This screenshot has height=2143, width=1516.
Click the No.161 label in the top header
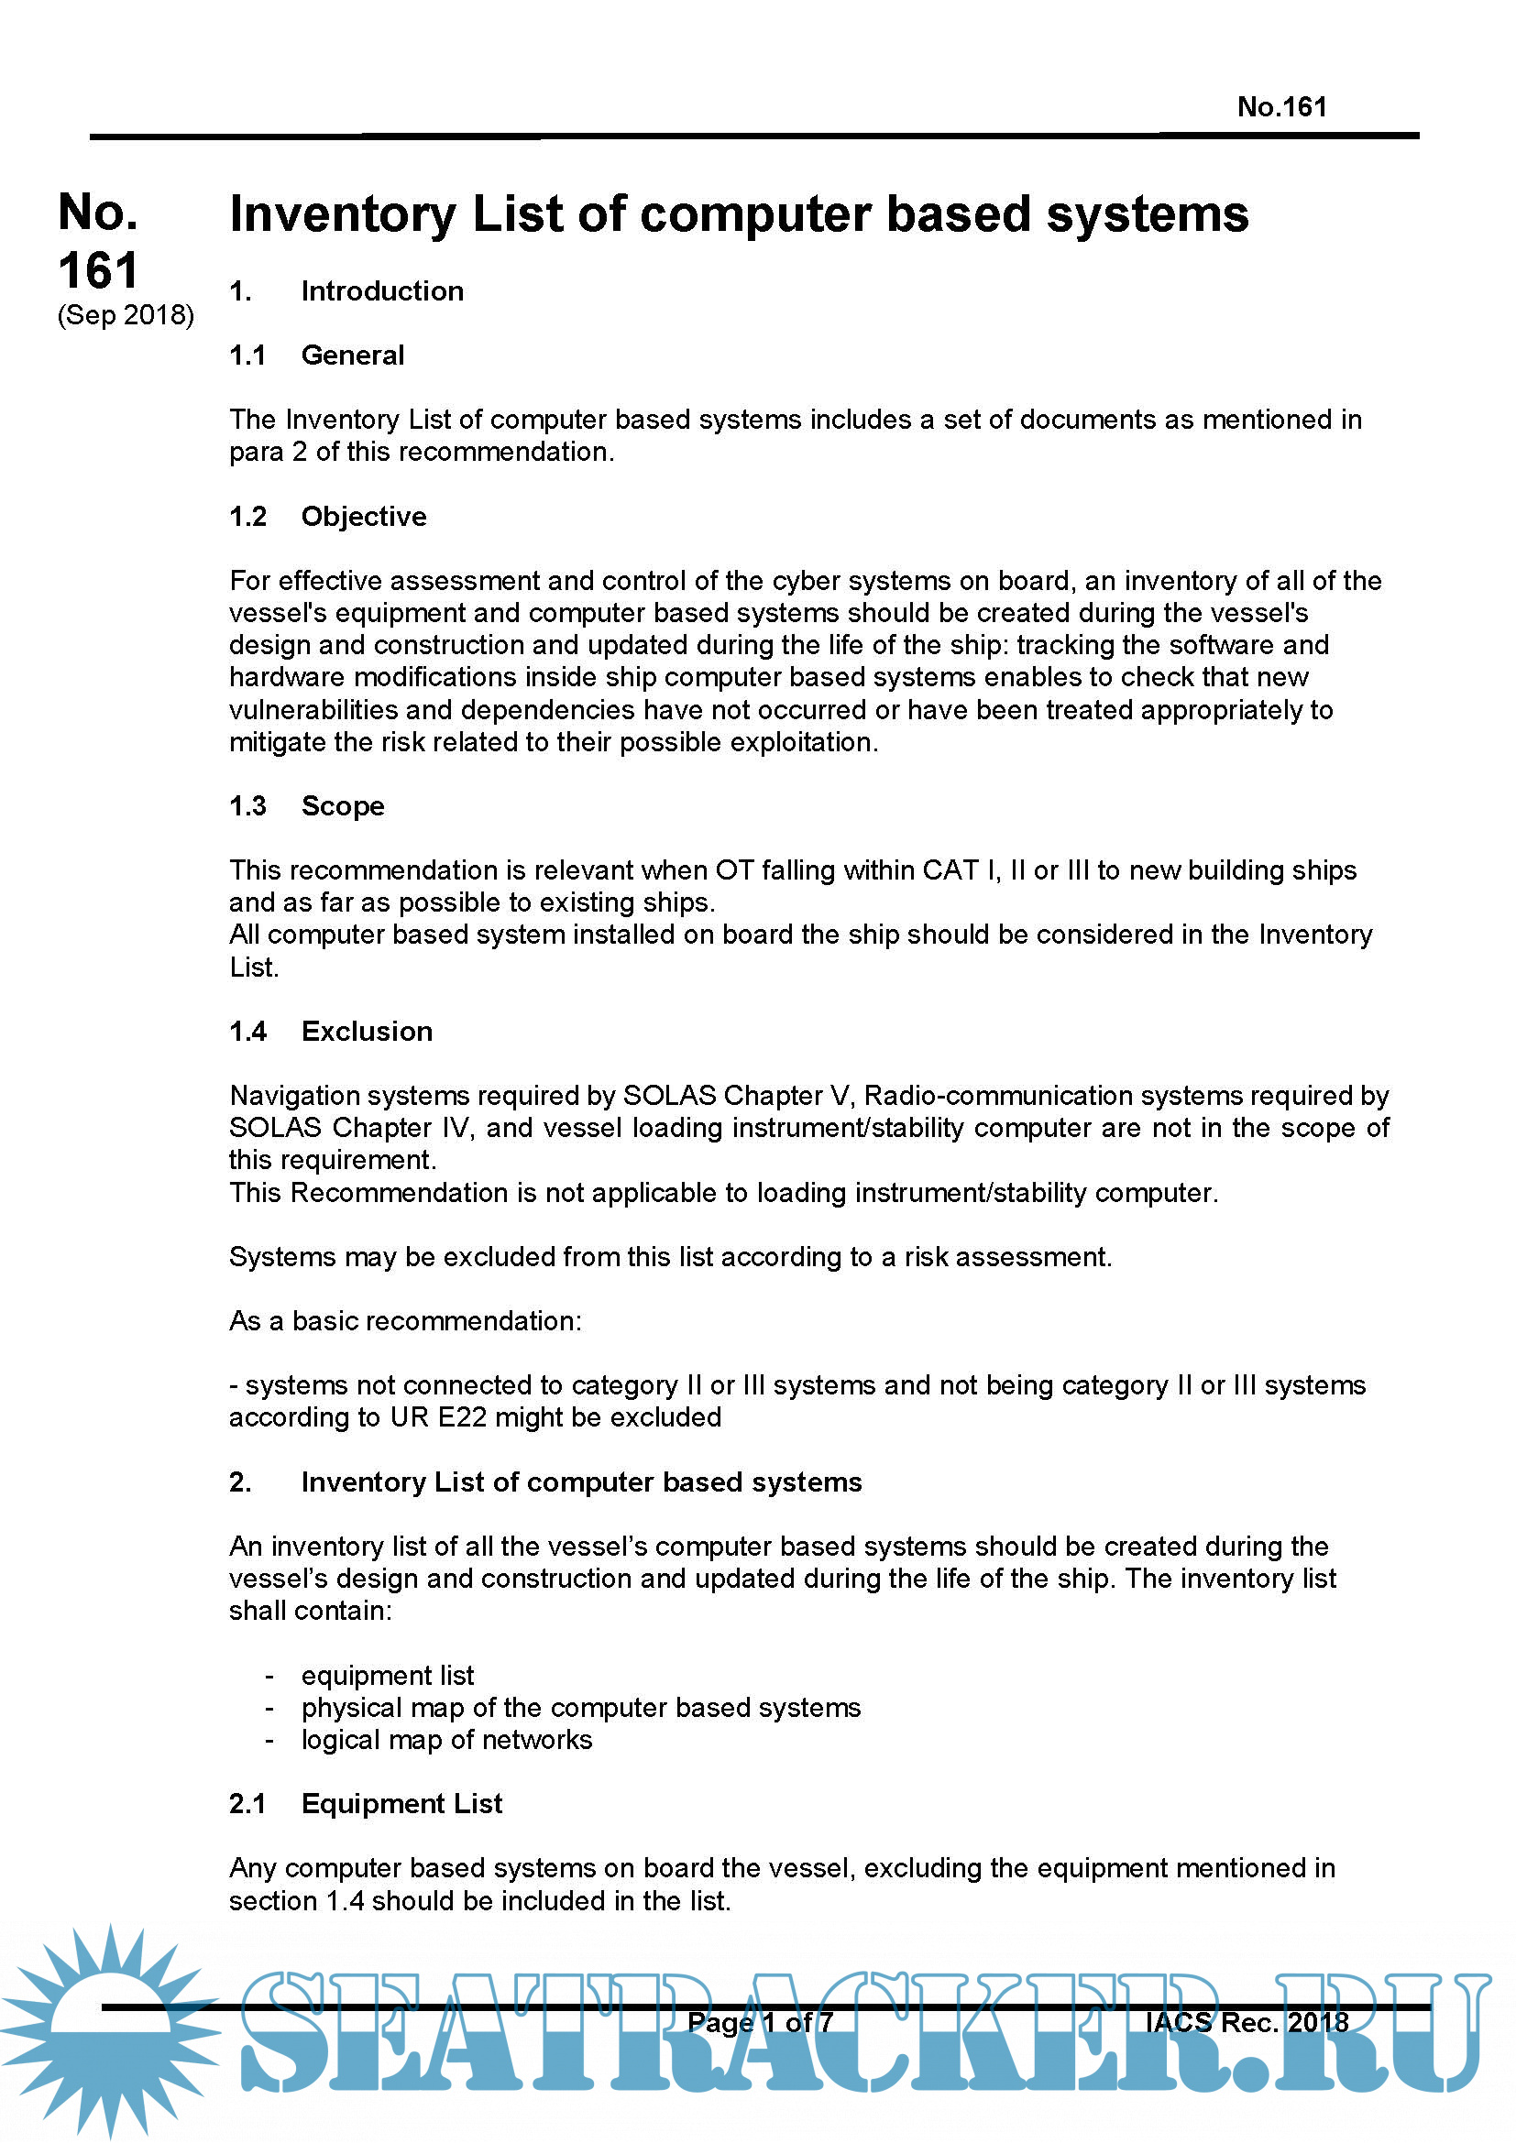(1280, 107)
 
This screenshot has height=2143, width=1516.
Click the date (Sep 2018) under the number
(126, 315)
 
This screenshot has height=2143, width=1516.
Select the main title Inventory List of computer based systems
(739, 214)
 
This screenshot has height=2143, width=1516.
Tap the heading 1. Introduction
(346, 291)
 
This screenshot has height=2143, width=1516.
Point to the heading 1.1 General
(316, 355)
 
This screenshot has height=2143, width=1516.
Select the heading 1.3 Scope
(306, 805)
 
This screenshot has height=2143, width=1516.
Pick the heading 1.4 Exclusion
(331, 1032)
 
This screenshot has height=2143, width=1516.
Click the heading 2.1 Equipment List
(365, 1803)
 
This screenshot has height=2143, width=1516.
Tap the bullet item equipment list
(388, 1676)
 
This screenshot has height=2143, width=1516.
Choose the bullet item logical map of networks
(446, 1740)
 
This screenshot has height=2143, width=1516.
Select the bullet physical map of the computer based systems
(580, 1707)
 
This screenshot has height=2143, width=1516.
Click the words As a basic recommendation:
(405, 1321)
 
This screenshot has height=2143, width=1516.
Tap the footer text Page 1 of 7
(760, 2023)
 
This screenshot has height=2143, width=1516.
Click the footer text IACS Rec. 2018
(1247, 2022)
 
